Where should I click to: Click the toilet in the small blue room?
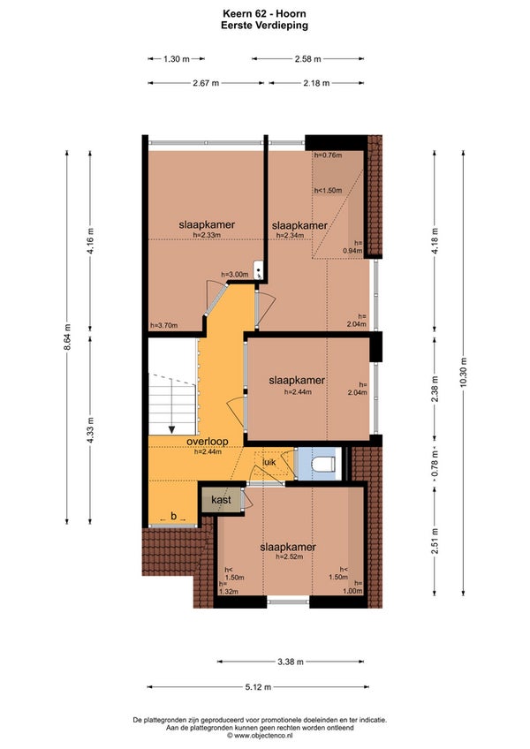(x=322, y=464)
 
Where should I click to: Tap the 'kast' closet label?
(x=221, y=500)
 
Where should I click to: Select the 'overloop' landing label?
(x=208, y=442)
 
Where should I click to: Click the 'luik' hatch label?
(x=269, y=463)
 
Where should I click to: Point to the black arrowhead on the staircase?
(x=171, y=430)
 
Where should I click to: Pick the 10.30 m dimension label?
(x=463, y=374)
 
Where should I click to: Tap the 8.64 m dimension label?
(x=67, y=337)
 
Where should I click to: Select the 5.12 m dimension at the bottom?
(x=258, y=687)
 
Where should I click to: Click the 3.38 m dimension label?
(x=290, y=662)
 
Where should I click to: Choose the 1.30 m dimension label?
(x=177, y=59)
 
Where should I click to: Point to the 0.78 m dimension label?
(x=435, y=465)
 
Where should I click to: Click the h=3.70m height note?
(x=164, y=325)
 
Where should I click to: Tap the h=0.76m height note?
(x=328, y=155)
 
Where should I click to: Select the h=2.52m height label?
(x=289, y=556)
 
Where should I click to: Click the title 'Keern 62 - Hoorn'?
(x=264, y=14)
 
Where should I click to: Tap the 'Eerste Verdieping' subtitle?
(x=264, y=26)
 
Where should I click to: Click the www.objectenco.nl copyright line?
(x=260, y=736)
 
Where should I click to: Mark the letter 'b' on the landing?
(x=173, y=516)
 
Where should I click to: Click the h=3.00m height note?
(x=235, y=275)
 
